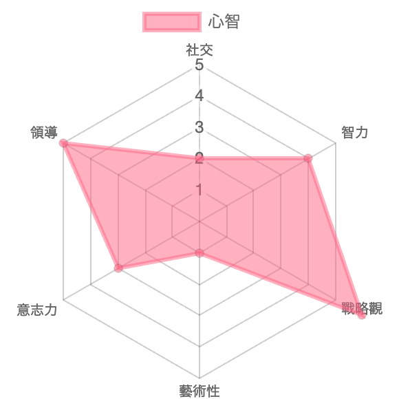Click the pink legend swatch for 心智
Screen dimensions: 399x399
click(172, 22)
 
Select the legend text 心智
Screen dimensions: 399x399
click(224, 21)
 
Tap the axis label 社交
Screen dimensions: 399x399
click(199, 50)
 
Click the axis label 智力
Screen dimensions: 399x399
click(354, 132)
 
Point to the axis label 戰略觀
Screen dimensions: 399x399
click(362, 308)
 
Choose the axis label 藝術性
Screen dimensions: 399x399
click(199, 391)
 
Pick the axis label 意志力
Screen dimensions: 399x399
click(37, 310)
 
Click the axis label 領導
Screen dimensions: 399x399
click(44, 132)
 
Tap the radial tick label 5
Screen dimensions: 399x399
click(199, 65)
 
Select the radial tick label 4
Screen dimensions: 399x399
click(199, 96)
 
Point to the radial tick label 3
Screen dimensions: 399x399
click(199, 127)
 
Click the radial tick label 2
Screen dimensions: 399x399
click(199, 158)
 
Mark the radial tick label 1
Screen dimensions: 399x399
click(199, 190)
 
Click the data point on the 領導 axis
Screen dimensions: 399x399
click(63, 143)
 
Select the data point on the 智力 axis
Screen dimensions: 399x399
click(308, 158)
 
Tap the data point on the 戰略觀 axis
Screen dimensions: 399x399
click(362, 315)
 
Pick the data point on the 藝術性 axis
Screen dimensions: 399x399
click(199, 253)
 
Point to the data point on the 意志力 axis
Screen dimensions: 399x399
click(118, 268)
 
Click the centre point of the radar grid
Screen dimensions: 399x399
click(199, 222)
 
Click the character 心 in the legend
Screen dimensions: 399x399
click(216, 21)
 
